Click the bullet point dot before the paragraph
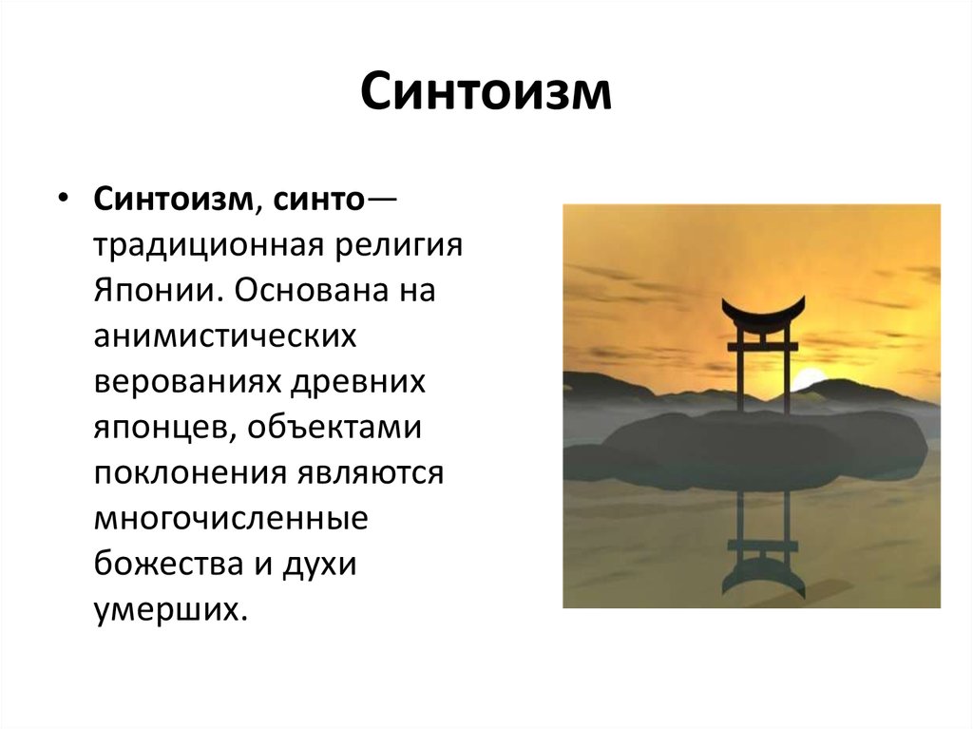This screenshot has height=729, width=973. click(x=62, y=197)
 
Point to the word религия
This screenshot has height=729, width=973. click(x=400, y=246)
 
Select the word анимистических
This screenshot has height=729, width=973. click(x=225, y=336)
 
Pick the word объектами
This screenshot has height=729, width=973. click(x=334, y=427)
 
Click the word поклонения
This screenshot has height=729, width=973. click(x=190, y=473)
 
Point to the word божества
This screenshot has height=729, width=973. click(x=168, y=564)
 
